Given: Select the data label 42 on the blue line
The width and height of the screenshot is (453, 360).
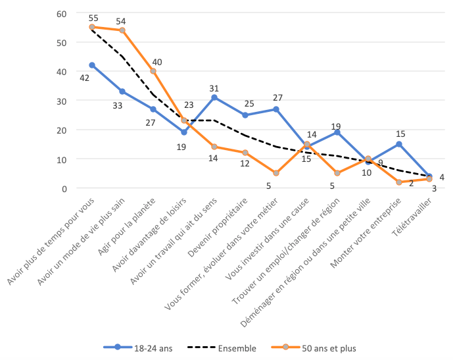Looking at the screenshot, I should click(84, 78).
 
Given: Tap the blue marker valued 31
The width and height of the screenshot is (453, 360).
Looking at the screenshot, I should click(214, 97).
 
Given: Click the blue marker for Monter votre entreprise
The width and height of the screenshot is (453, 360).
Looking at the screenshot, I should click(399, 144).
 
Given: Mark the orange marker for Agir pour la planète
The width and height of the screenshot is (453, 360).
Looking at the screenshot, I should click(153, 71).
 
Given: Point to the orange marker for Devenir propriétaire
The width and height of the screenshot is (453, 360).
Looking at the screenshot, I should click(245, 153).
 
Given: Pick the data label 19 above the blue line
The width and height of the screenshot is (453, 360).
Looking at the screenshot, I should click(336, 126).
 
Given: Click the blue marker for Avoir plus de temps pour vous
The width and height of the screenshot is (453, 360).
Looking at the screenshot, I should click(92, 65).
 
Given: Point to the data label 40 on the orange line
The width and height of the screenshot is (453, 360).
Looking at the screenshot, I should click(157, 62).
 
